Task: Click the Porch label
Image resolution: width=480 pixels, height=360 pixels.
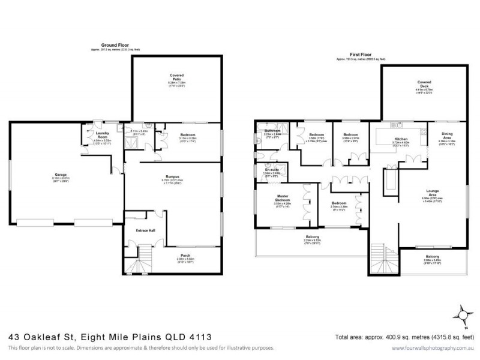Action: tap(185, 255)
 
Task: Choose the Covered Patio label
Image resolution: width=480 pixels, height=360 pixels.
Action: tap(176, 77)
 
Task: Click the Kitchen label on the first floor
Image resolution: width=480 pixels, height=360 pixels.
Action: tap(384, 139)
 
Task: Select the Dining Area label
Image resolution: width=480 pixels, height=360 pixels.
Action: tap(447, 136)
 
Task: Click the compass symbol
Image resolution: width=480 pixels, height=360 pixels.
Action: tap(463, 314)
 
